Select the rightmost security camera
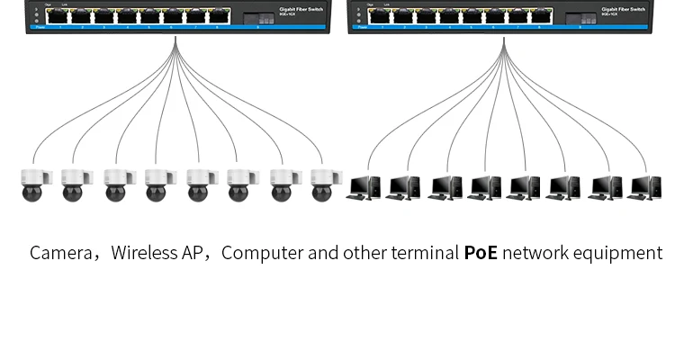321,184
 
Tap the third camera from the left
115,184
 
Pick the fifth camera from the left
197,184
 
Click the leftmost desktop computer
364,187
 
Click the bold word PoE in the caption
481,253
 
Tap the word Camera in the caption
60,253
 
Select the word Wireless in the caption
144,253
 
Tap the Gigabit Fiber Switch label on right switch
624,9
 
